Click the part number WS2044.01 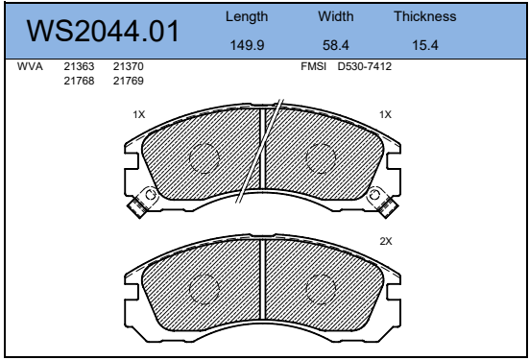coord(103,31)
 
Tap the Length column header coord(247,17)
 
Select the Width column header coord(336,16)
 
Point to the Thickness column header coord(425,16)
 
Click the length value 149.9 coord(247,45)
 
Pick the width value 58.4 coord(336,45)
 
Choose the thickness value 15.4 coord(425,45)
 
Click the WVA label coord(30,66)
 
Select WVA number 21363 coord(79,66)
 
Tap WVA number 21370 coord(129,66)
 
